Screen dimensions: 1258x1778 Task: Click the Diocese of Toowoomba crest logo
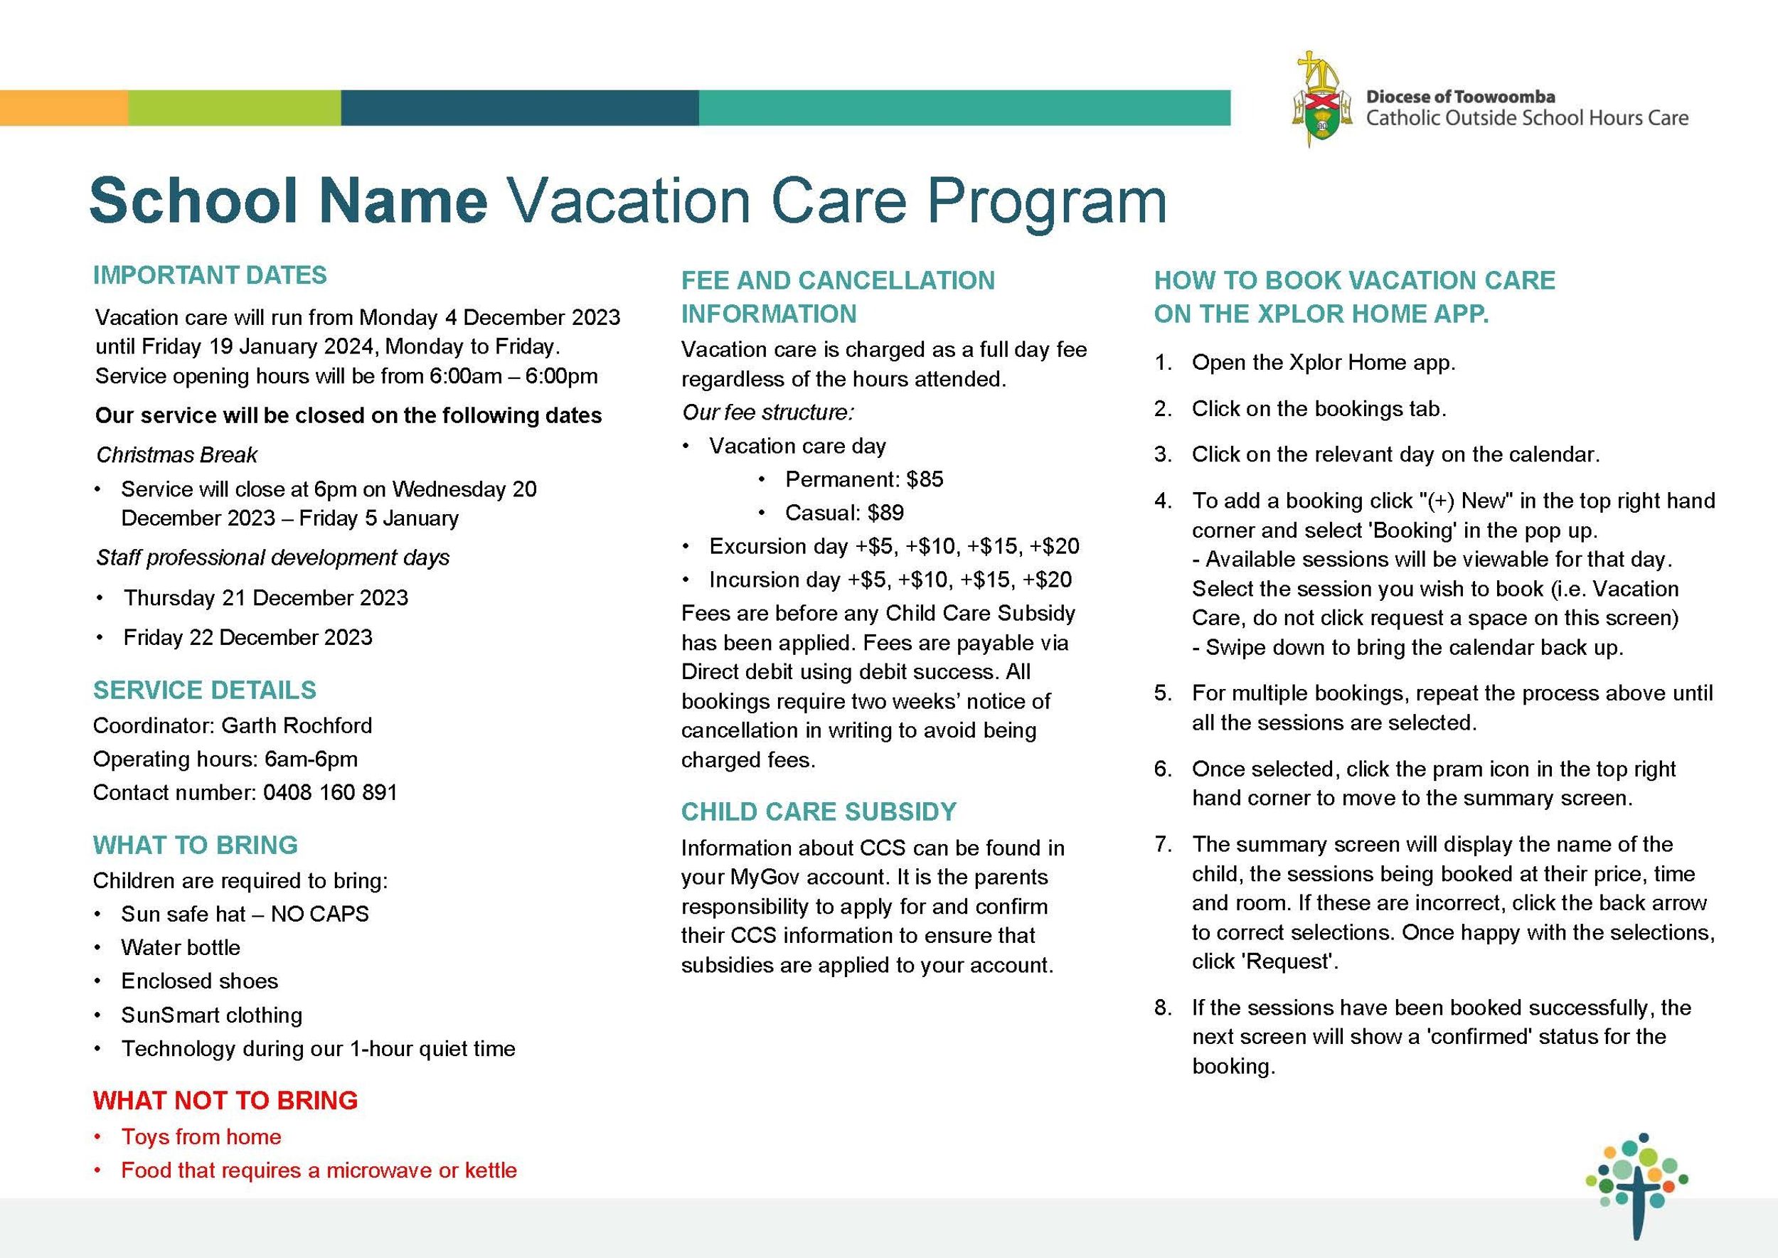pos(1322,101)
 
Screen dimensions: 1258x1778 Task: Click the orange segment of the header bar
pos(63,107)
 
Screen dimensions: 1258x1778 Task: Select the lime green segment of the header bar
pos(234,107)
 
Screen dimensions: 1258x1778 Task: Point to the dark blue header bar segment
pos(519,107)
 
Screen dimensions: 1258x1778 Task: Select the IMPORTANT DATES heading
pos(210,275)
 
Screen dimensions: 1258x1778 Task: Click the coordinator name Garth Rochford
pos(297,725)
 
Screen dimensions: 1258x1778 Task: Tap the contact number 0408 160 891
pos(330,792)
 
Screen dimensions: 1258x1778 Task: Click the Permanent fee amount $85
pos(925,479)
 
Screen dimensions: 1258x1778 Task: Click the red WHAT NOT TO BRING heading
pos(225,1100)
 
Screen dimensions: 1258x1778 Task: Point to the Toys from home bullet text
pos(201,1136)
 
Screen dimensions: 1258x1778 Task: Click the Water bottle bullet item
pos(181,947)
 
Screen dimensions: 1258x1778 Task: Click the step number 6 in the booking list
pos(1162,769)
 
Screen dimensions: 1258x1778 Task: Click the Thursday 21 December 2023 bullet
pos(266,597)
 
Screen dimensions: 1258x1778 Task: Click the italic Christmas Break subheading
pos(176,454)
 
